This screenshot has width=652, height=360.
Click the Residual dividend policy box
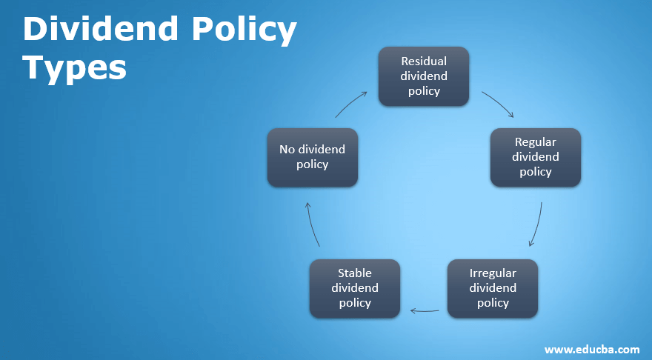(x=424, y=76)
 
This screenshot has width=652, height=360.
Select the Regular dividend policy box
(x=535, y=156)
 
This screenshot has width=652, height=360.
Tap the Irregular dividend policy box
(x=493, y=288)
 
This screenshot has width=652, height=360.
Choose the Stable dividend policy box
(x=355, y=288)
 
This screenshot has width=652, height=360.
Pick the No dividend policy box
(x=312, y=156)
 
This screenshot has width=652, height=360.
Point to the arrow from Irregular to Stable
(x=425, y=311)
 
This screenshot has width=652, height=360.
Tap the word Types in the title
(x=75, y=67)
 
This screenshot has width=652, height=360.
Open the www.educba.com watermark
(x=592, y=349)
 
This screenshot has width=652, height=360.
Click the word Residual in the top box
(x=424, y=61)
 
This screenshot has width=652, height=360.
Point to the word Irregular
(x=493, y=273)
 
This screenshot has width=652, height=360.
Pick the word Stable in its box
(x=355, y=273)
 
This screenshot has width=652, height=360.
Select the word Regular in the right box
(x=535, y=141)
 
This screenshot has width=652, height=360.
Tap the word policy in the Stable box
(x=355, y=302)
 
